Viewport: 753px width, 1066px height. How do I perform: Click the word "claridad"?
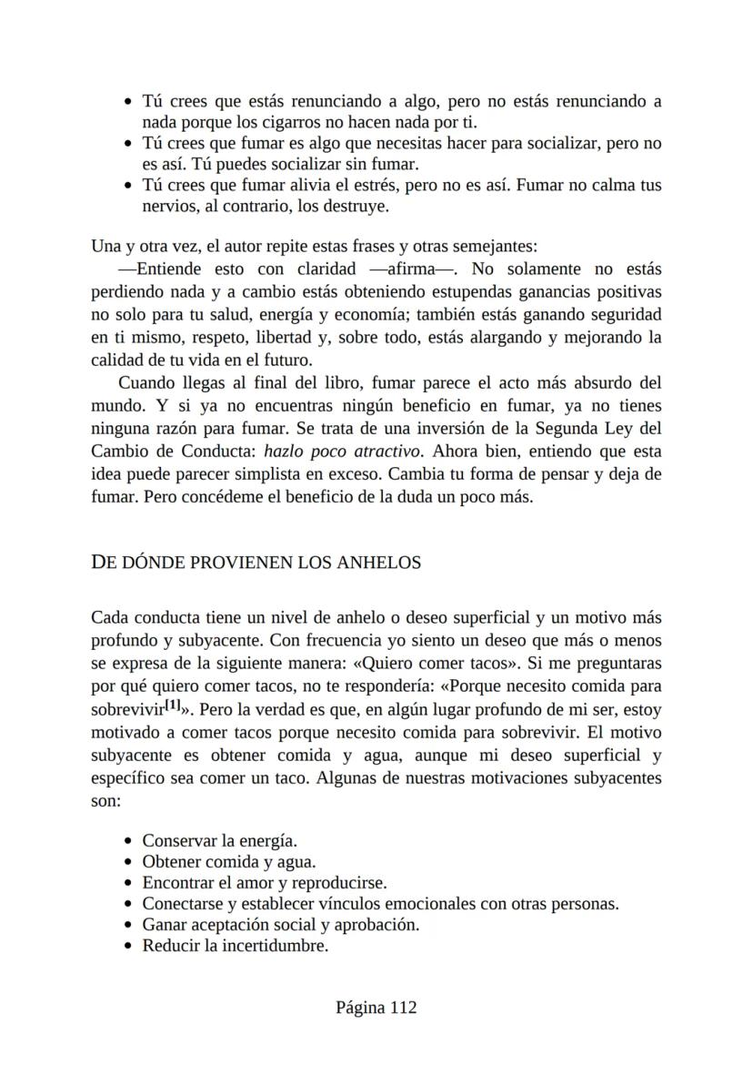(326, 269)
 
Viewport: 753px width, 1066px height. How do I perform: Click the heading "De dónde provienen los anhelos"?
(256, 563)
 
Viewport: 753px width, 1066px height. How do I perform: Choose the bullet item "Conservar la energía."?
(220, 840)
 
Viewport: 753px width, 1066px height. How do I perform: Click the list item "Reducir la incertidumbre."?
(235, 946)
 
